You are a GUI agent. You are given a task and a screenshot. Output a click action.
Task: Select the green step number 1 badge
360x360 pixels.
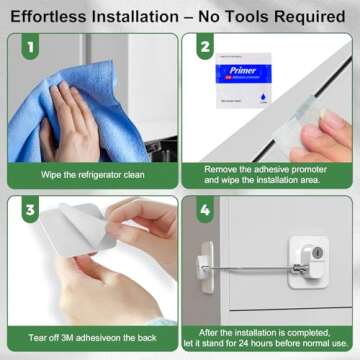31,49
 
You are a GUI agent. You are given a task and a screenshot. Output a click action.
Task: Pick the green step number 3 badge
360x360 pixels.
31,210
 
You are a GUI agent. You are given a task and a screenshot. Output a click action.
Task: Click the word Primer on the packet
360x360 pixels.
234,71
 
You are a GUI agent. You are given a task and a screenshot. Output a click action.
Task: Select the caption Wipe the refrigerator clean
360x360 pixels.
93,174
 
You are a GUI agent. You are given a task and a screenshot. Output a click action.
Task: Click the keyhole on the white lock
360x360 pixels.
318,254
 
